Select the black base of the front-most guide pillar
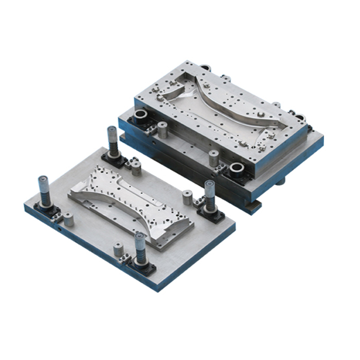[x=141, y=265]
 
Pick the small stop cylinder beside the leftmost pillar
[x=68, y=220]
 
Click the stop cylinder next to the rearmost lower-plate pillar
[x=136, y=167]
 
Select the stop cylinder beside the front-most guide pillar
[x=118, y=249]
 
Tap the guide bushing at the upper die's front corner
[x=238, y=170]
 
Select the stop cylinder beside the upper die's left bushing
[x=163, y=129]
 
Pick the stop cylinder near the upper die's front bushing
[x=214, y=157]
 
